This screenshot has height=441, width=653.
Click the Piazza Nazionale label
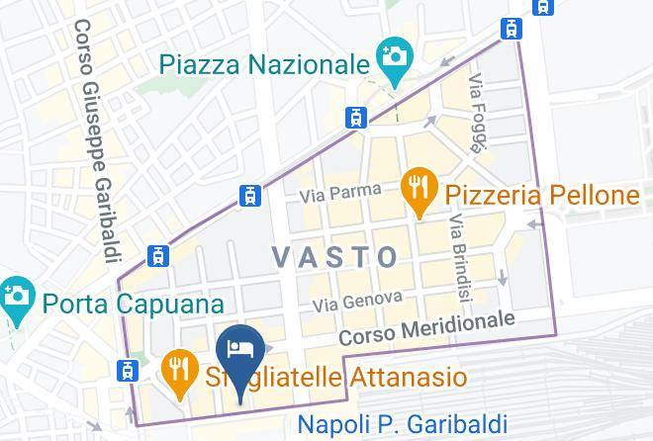pyautogui.click(x=263, y=65)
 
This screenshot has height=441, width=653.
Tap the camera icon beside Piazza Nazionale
pyautogui.click(x=394, y=54)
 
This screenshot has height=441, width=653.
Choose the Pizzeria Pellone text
pyautogui.click(x=541, y=195)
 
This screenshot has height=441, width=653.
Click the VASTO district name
pyautogui.click(x=335, y=257)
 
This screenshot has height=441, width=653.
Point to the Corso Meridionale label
pyautogui.click(x=426, y=328)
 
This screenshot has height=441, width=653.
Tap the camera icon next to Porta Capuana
pyautogui.click(x=16, y=296)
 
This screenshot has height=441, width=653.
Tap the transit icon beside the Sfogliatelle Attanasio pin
pyautogui.click(x=127, y=371)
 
